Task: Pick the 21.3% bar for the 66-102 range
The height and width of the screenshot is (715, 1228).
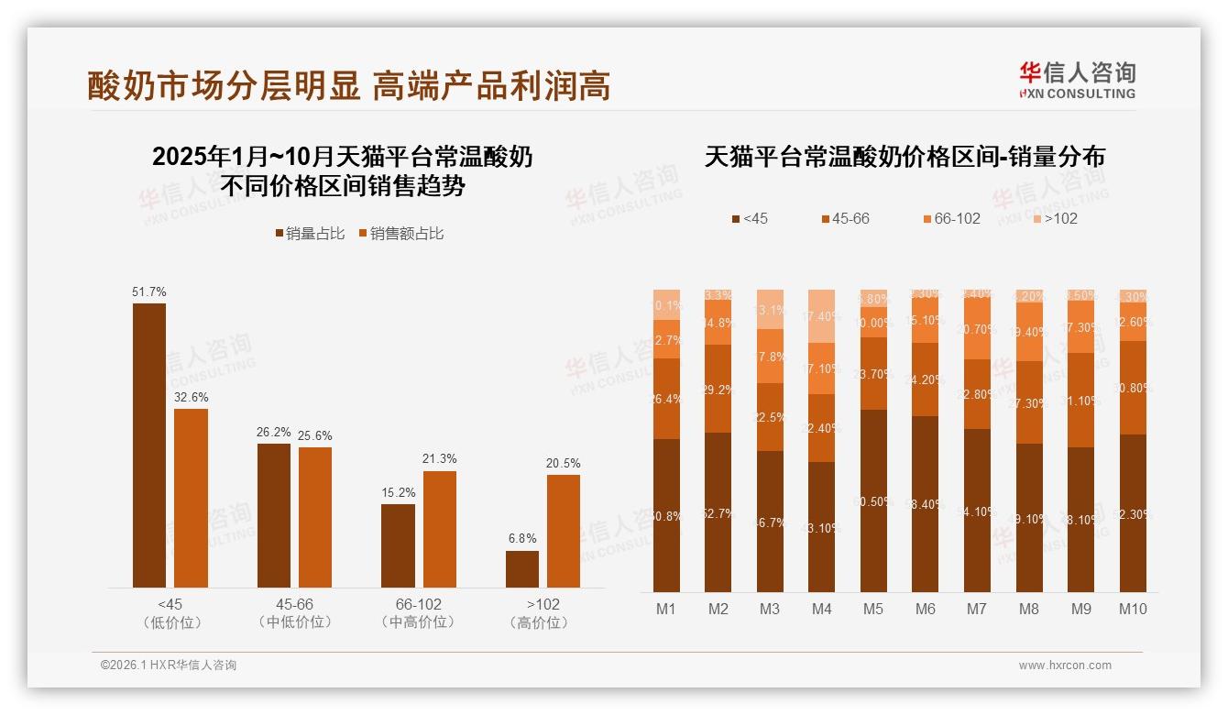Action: (439, 529)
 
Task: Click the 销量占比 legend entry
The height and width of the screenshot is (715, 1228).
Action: (310, 234)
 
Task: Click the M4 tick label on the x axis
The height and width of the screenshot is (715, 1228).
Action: (822, 609)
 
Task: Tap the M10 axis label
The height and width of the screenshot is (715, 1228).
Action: (1133, 609)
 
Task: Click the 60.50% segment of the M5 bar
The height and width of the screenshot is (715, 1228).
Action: (873, 500)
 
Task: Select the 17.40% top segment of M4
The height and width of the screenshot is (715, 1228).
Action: (822, 316)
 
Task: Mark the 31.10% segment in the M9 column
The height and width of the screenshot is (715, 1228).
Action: (1081, 401)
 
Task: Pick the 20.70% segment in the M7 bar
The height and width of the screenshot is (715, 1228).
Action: (978, 328)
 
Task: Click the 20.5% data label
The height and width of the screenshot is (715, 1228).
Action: (563, 463)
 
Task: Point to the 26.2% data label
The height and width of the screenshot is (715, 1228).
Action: (273, 433)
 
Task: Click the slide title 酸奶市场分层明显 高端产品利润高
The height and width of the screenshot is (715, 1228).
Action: (349, 86)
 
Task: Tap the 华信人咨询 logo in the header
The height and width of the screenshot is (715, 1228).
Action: (1077, 80)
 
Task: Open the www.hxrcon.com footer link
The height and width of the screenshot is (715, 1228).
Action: (1065, 665)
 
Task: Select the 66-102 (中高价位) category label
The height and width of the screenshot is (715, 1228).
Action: (418, 613)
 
